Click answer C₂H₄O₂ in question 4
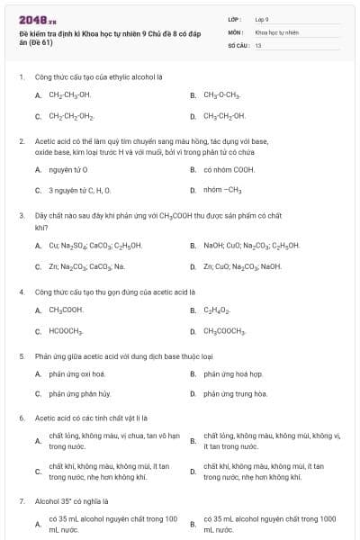coord(218,310)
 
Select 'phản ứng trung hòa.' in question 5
coord(235,393)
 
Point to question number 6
coord(21,418)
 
